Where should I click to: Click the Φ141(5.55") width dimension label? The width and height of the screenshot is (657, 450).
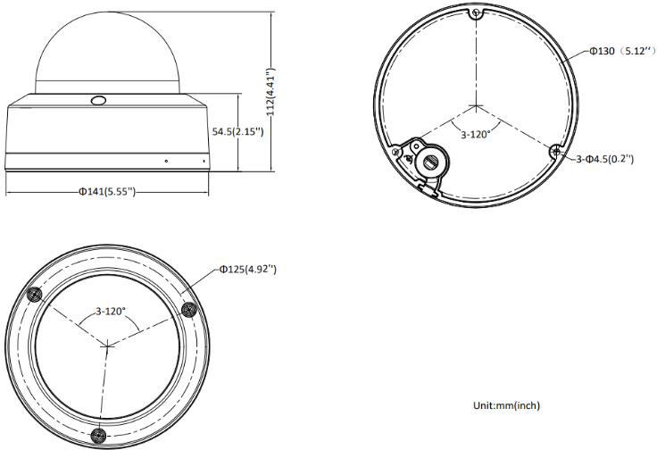[x=106, y=192]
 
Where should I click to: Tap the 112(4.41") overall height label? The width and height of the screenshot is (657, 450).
[x=270, y=91]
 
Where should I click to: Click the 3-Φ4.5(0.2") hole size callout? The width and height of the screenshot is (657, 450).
[x=604, y=158]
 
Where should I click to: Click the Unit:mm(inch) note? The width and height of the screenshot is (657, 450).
[x=505, y=405]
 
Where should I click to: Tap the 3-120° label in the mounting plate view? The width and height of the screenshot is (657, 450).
[x=479, y=135]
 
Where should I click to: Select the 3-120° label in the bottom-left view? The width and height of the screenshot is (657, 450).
[x=111, y=312]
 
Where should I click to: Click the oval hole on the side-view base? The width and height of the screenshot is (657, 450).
[x=99, y=101]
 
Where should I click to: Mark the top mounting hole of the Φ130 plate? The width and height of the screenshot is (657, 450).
[x=477, y=14]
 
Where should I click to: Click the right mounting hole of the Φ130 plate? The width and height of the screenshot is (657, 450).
[x=556, y=152]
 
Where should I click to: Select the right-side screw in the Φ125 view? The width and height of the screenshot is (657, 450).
[x=187, y=308]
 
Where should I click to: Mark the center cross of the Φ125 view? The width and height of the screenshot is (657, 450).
[x=107, y=344]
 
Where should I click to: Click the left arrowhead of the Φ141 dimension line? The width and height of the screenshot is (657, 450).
[x=9, y=192]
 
